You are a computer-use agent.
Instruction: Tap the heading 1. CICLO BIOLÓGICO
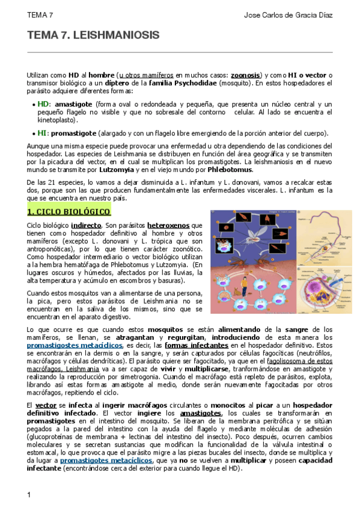[69, 212]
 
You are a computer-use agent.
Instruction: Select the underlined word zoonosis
[245, 74]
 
